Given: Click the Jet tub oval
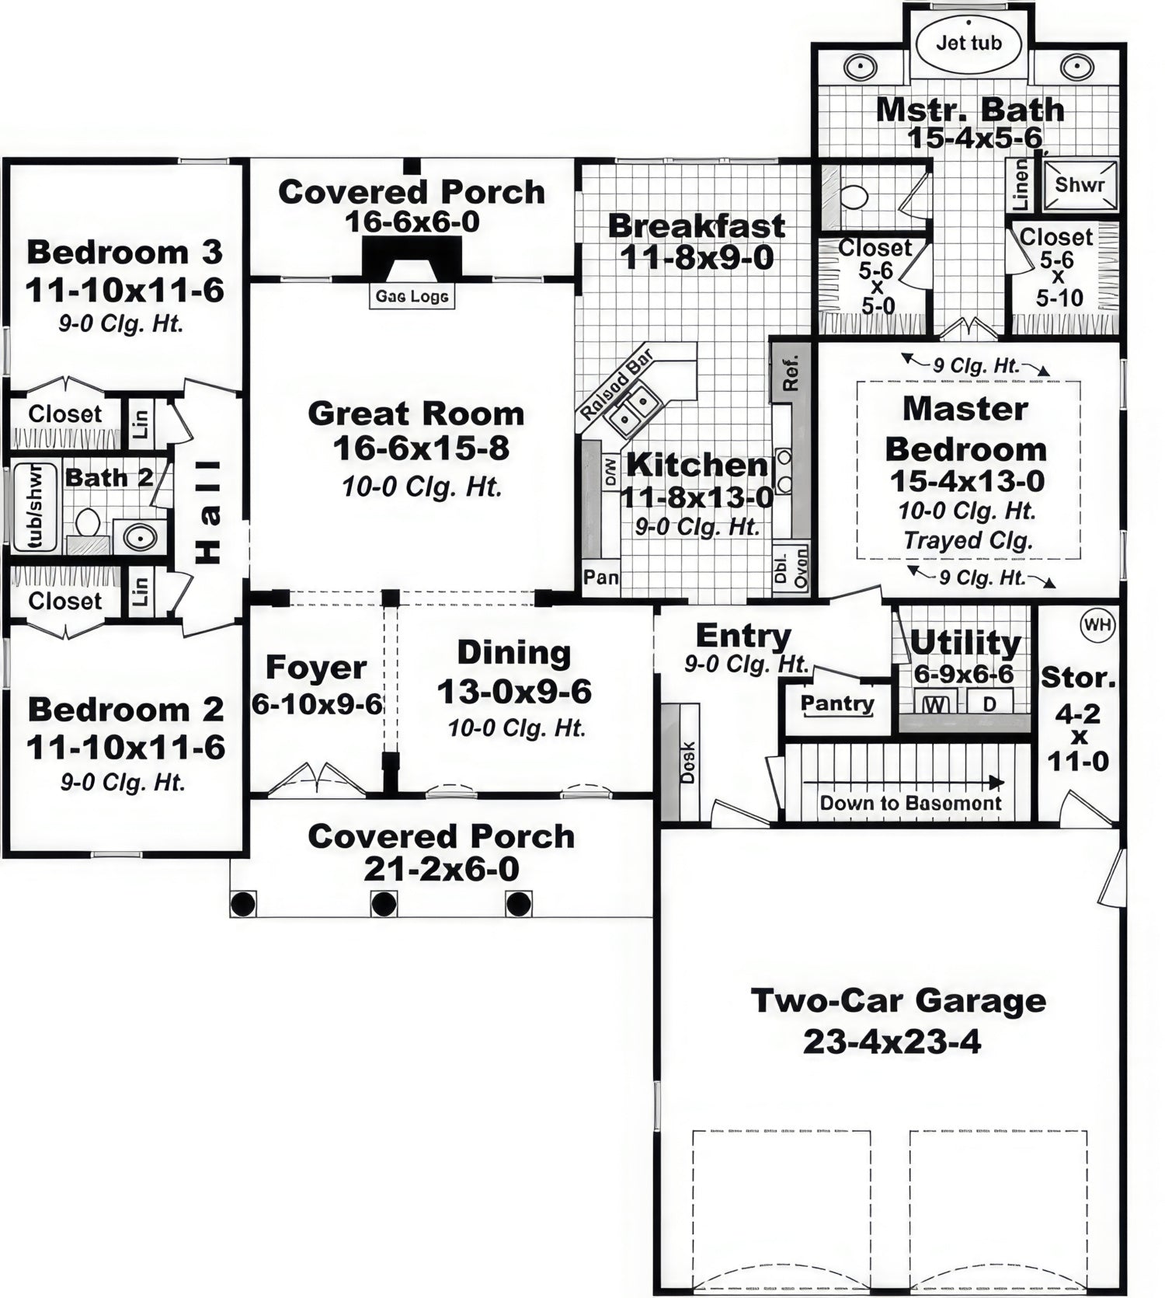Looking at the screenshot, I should [969, 43].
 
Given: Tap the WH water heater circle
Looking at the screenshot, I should [1097, 624].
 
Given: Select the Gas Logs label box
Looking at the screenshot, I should [412, 296].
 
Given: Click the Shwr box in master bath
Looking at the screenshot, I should [1080, 185].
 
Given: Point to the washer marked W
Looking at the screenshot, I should [937, 705].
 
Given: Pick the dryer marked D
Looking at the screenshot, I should [989, 705].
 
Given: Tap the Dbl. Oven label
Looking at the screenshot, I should [791, 569].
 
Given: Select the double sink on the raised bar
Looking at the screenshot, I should [635, 410].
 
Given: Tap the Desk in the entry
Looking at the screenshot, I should [687, 762].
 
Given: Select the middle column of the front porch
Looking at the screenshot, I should [384, 904].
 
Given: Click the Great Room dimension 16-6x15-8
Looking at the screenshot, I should [421, 448].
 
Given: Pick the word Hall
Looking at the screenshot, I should [208, 511].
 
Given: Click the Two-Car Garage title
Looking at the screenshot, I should [898, 1000].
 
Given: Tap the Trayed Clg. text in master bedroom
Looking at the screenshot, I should [968, 540].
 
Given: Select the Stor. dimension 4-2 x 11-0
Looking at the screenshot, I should [1078, 737].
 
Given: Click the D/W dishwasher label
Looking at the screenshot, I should [610, 472].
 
